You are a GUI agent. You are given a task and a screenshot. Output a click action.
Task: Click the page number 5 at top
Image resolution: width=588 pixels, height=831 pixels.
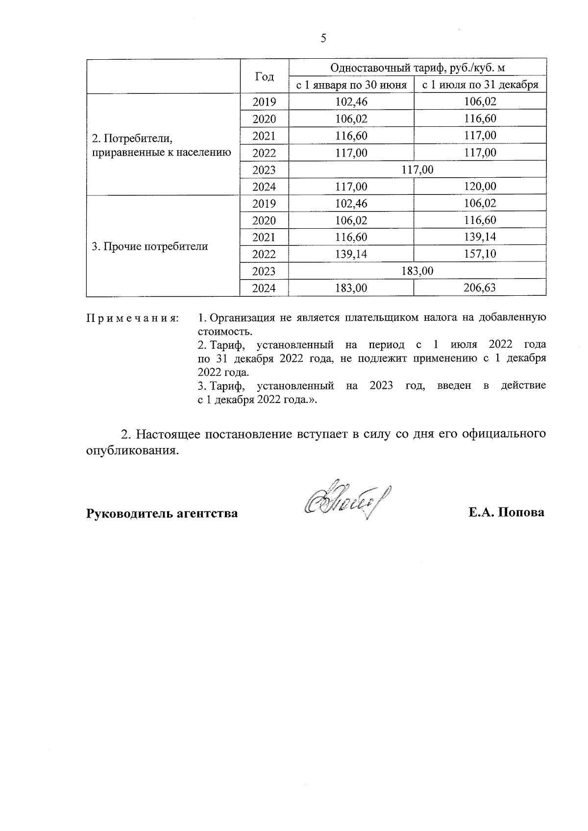click(x=323, y=39)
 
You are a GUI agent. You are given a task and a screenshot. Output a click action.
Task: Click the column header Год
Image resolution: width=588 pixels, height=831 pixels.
click(x=264, y=76)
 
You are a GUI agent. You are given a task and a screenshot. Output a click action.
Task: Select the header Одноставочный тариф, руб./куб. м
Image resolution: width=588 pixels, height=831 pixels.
click(x=417, y=68)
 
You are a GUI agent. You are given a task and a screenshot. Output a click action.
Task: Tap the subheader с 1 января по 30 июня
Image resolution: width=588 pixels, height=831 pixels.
click(x=351, y=85)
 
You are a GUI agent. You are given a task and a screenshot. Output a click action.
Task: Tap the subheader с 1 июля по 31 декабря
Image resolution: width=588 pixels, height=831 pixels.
click(x=480, y=85)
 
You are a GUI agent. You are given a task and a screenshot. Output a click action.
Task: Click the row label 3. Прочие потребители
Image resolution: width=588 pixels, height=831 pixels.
click(x=150, y=246)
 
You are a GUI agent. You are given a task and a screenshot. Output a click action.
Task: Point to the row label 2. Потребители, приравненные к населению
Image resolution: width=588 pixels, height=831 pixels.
click(x=161, y=145)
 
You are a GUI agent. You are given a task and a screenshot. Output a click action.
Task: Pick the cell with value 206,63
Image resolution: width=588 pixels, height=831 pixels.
click(x=480, y=288)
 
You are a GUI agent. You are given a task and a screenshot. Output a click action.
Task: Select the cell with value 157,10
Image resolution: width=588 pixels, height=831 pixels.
click(x=480, y=254)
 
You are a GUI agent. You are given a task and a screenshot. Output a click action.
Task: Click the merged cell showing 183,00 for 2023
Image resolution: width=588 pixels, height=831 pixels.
click(x=417, y=271)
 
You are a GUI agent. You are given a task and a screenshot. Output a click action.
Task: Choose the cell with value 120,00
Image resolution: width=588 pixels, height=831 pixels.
click(x=480, y=187)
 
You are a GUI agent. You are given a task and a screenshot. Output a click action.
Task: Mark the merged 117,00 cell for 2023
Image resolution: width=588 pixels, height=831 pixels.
click(x=417, y=169)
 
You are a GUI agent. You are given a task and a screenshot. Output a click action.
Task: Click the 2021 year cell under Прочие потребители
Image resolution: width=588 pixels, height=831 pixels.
click(x=264, y=237)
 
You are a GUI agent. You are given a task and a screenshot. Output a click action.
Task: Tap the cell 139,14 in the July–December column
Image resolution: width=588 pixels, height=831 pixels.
click(x=480, y=237)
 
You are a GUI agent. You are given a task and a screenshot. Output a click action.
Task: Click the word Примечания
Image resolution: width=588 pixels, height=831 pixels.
click(x=132, y=318)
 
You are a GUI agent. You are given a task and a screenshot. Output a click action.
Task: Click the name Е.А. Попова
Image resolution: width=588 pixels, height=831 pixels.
click(x=506, y=513)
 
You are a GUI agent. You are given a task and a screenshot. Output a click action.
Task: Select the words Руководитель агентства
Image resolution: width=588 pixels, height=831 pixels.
click(x=162, y=513)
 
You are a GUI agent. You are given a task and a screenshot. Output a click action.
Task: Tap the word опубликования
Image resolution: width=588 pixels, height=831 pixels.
click(x=131, y=451)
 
